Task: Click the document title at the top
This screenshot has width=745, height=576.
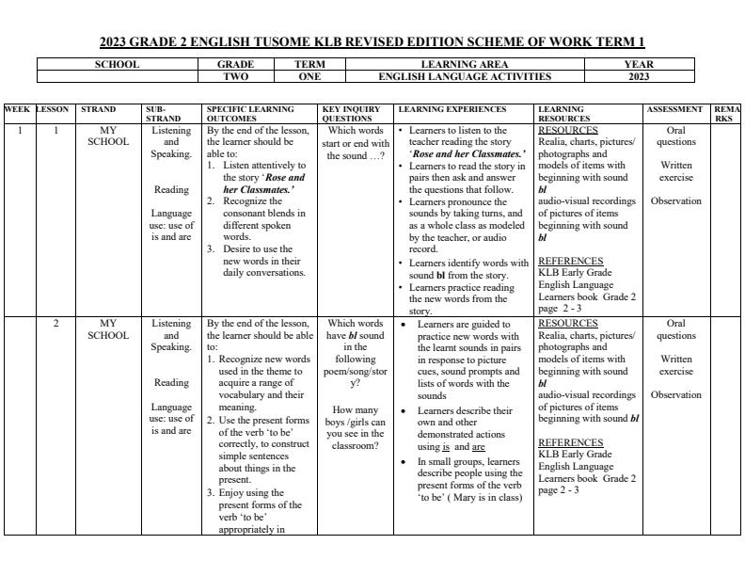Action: pyautogui.click(x=372, y=42)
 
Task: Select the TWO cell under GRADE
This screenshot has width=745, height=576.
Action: pyautogui.click(x=234, y=76)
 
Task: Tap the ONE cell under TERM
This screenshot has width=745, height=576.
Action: pyautogui.click(x=309, y=76)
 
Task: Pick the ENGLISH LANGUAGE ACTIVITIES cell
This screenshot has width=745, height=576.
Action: pyautogui.click(x=465, y=76)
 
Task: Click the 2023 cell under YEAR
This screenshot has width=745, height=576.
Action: pyautogui.click(x=639, y=76)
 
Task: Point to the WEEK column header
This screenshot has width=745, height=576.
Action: pyautogui.click(x=17, y=109)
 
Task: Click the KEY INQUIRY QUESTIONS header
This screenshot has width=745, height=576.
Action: pyautogui.click(x=355, y=114)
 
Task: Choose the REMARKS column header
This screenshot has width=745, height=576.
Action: pyautogui.click(x=726, y=114)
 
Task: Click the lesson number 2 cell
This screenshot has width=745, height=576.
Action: pyautogui.click(x=55, y=323)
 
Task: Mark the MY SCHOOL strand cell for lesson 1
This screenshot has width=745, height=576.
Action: pyautogui.click(x=108, y=136)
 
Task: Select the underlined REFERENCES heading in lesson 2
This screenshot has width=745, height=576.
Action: pyautogui.click(x=571, y=442)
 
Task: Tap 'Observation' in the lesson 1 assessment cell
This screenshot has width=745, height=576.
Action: pyautogui.click(x=675, y=200)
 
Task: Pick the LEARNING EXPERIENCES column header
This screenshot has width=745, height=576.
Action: pyautogui.click(x=452, y=109)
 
